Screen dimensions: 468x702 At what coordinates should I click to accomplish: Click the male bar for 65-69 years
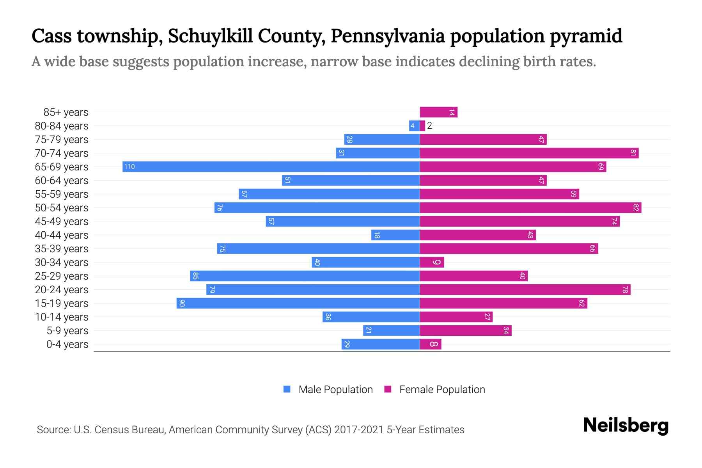click(271, 167)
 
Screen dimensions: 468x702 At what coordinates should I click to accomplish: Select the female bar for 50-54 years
click(530, 208)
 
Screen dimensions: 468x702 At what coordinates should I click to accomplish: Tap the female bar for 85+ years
click(438, 112)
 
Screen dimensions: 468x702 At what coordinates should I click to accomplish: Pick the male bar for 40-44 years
click(395, 235)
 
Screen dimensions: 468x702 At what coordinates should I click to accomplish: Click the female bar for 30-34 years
click(432, 262)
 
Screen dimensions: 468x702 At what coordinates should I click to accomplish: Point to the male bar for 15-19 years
click(298, 303)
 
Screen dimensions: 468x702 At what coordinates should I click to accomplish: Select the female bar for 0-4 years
click(431, 344)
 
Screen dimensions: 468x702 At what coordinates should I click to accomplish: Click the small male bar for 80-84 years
click(414, 126)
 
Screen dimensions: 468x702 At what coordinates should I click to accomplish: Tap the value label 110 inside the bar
click(129, 167)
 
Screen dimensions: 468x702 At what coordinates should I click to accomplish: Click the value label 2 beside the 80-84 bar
click(429, 126)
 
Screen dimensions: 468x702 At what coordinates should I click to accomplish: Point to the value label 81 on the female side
click(633, 153)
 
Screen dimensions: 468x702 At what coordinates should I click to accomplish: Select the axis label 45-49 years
click(62, 222)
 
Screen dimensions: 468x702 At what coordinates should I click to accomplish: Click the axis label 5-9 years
click(67, 331)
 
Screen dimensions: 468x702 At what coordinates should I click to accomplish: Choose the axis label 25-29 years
click(62, 276)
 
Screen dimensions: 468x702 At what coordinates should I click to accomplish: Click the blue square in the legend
click(287, 389)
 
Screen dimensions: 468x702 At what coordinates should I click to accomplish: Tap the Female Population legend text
click(442, 390)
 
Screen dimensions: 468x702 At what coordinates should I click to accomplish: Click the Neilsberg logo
click(626, 425)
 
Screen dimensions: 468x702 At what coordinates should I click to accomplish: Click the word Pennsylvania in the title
click(388, 36)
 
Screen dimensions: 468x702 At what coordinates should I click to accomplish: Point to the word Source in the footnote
click(53, 430)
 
